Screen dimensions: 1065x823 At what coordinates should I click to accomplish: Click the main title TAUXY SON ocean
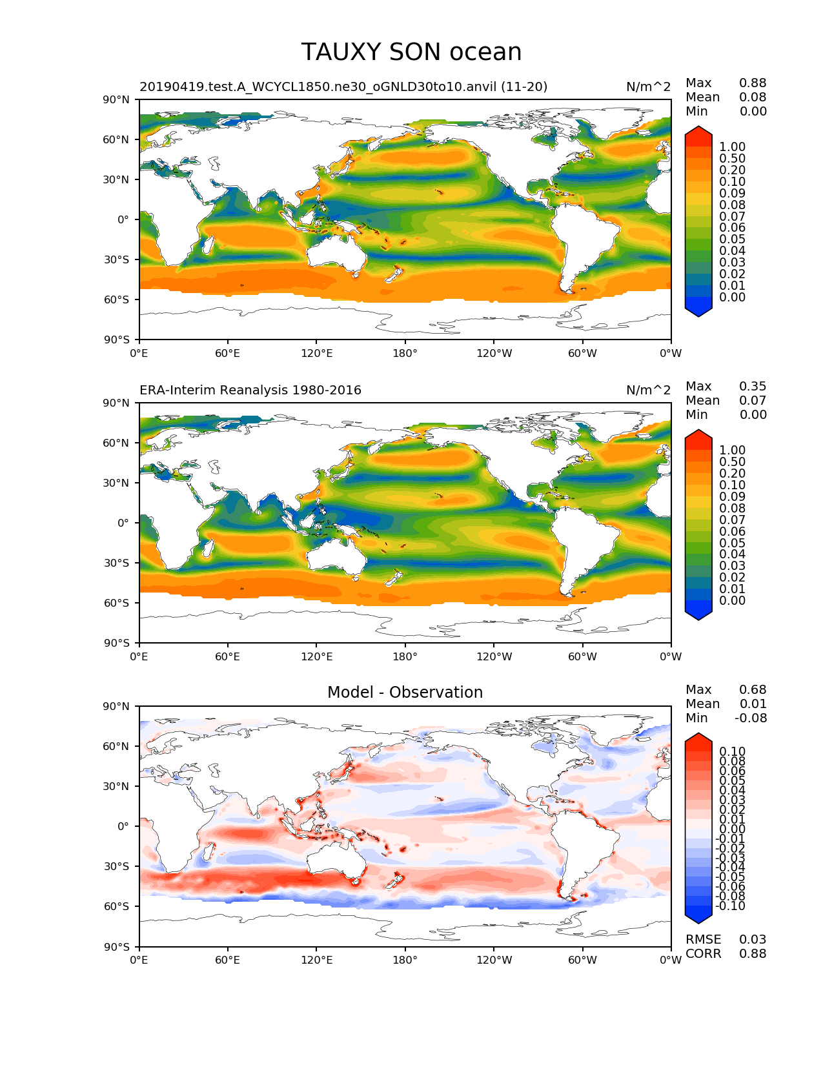point(411,52)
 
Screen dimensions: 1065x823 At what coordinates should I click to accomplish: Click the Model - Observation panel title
point(405,693)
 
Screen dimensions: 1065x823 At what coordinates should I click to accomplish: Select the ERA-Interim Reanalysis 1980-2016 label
point(250,391)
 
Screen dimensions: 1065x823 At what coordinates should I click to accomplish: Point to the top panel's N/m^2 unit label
point(648,87)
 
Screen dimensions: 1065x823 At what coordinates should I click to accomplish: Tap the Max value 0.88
point(753,83)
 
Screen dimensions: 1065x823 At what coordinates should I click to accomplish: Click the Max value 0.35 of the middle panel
point(753,387)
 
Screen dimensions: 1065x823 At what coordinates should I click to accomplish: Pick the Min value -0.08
point(751,718)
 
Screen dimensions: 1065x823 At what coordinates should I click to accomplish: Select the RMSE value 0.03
point(753,940)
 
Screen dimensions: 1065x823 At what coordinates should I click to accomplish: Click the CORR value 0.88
point(753,954)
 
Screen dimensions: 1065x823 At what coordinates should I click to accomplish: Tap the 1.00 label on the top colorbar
point(732,147)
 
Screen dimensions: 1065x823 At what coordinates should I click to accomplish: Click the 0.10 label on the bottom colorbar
point(732,752)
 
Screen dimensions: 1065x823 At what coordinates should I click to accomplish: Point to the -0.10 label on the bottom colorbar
point(730,906)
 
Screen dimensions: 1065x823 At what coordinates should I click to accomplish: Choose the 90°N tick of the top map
point(117,99)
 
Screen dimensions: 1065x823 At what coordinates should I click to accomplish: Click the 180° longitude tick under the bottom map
point(405,960)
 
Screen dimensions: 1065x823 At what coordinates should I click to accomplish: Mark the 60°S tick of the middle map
point(117,603)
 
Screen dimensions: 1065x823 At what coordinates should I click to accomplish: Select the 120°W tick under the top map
point(494,354)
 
